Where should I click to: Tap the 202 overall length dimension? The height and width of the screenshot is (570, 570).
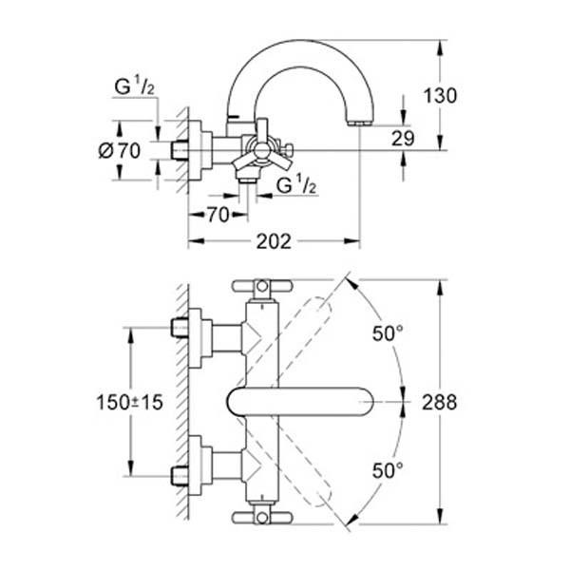(274, 240)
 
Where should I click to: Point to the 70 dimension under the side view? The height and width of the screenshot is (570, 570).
(218, 216)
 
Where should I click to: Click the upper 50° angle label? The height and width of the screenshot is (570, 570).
(387, 333)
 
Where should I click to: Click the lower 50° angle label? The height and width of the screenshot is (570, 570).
(387, 468)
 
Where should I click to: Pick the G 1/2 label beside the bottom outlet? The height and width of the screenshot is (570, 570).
(294, 184)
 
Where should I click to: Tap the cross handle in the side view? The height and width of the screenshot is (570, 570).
(263, 153)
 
